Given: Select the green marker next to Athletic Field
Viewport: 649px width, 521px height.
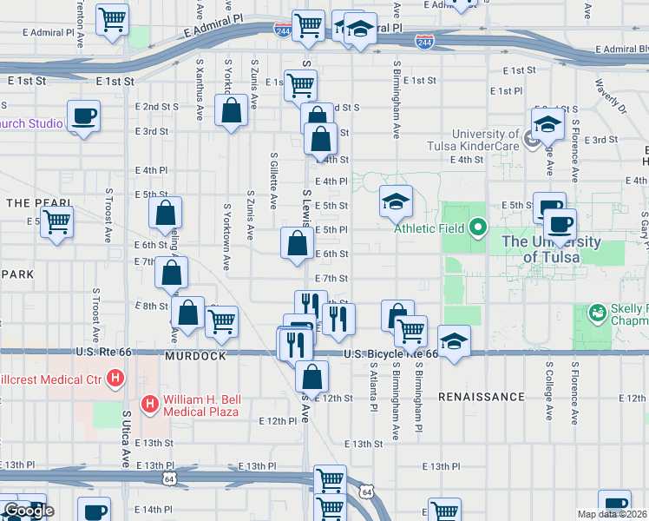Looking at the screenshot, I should click(x=477, y=229).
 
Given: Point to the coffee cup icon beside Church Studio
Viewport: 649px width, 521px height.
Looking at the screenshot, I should click(x=84, y=116).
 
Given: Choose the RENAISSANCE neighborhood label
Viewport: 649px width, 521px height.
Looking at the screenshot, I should click(x=481, y=397).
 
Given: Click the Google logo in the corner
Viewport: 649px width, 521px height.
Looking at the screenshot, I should click(x=28, y=511).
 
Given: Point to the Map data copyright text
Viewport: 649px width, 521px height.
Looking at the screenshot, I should click(x=613, y=514).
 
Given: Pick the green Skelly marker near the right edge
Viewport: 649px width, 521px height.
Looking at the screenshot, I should click(x=596, y=311).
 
